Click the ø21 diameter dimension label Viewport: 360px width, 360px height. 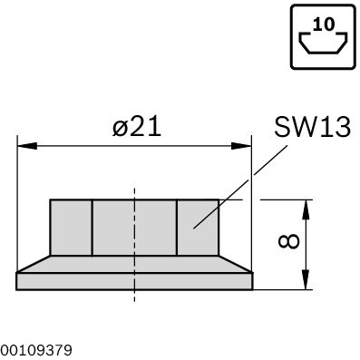[137, 127]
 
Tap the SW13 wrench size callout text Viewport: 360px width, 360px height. [313, 127]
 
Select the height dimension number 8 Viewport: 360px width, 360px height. [289, 241]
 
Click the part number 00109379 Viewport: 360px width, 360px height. [36, 351]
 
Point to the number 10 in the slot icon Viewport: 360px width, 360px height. [324, 24]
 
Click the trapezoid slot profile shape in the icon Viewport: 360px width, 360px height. [323, 42]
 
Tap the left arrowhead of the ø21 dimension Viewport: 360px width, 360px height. [27, 146]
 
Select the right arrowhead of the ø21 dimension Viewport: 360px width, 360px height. [241, 146]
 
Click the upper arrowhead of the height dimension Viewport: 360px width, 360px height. [306, 209]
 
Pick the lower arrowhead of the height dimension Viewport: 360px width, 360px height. [306, 280]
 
